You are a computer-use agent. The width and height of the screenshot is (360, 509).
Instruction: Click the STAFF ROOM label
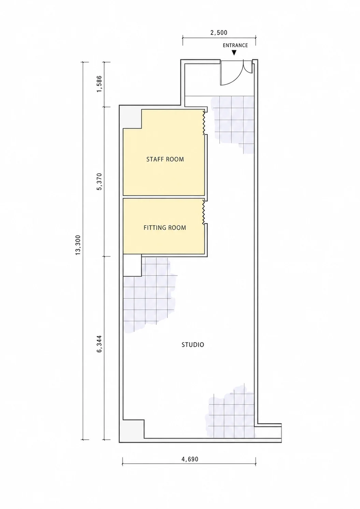165,159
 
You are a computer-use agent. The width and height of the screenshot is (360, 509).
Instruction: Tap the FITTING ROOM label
165,228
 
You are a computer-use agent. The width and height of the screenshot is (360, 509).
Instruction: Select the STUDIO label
193,345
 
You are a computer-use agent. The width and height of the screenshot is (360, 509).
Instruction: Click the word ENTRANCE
235,45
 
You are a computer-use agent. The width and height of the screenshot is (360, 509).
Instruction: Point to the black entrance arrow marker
234,53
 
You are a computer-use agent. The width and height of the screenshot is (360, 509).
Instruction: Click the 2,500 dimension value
219,33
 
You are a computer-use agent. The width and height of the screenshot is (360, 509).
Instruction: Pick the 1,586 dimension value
100,84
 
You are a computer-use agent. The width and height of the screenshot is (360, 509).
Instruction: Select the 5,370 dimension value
100,182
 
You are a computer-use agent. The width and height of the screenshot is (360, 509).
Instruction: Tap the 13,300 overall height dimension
78,245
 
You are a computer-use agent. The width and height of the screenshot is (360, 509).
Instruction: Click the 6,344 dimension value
100,344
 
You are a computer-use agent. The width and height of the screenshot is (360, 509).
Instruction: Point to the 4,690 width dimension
190,459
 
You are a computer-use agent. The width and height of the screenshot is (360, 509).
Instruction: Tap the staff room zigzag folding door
204,122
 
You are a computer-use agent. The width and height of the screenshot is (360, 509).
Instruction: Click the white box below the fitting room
132,265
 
